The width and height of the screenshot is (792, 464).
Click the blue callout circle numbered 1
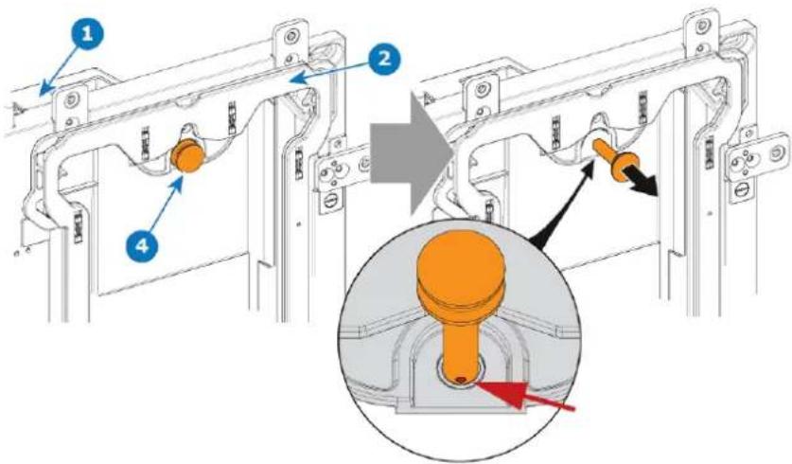[x=87, y=34]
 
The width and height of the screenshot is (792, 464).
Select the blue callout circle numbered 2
[x=384, y=59]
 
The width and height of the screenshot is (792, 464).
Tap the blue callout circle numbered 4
[x=144, y=246]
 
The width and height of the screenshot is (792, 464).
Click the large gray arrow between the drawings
[x=409, y=154]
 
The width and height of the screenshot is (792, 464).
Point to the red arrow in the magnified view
[x=524, y=396]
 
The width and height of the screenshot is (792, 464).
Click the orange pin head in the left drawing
[x=188, y=155]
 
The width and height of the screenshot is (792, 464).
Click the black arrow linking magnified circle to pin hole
[x=561, y=205]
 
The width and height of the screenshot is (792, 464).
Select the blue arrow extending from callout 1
[x=59, y=69]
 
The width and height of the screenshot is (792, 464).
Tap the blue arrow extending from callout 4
[x=164, y=208]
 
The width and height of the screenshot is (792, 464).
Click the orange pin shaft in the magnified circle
[x=461, y=345]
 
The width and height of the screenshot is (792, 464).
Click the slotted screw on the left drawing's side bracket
[x=329, y=203]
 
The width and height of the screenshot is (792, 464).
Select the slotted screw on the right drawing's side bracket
[x=742, y=191]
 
